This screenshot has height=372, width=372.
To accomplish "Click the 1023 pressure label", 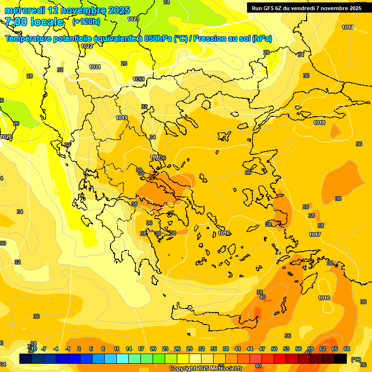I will (x=133, y=19).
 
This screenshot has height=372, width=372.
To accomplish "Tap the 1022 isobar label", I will (x=87, y=46).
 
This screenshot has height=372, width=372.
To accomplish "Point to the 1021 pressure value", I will (x=95, y=67).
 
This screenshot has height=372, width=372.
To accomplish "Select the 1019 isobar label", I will (x=122, y=118).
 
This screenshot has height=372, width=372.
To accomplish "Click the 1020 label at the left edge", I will (x=5, y=137).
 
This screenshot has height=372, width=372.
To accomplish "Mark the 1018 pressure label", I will (x=319, y=123).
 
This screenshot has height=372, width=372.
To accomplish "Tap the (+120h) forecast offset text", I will (x=87, y=22).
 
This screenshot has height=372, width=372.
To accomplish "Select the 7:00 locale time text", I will (x=34, y=22).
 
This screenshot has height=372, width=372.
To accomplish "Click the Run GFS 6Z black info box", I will (x=307, y=8).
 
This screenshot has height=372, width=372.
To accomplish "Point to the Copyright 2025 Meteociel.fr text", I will (x=205, y=369).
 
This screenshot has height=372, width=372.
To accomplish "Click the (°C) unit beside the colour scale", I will (x=356, y=359).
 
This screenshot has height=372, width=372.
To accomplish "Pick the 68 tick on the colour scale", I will (x=347, y=349).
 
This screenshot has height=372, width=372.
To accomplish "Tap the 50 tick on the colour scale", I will (x=274, y=349).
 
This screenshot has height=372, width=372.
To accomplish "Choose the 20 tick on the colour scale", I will (x=153, y=349).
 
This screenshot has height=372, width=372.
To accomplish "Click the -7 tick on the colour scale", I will (x=44, y=349).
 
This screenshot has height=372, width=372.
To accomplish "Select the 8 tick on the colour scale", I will (x=103, y=349).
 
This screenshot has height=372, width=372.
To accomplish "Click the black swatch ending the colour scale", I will (x=341, y=359).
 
